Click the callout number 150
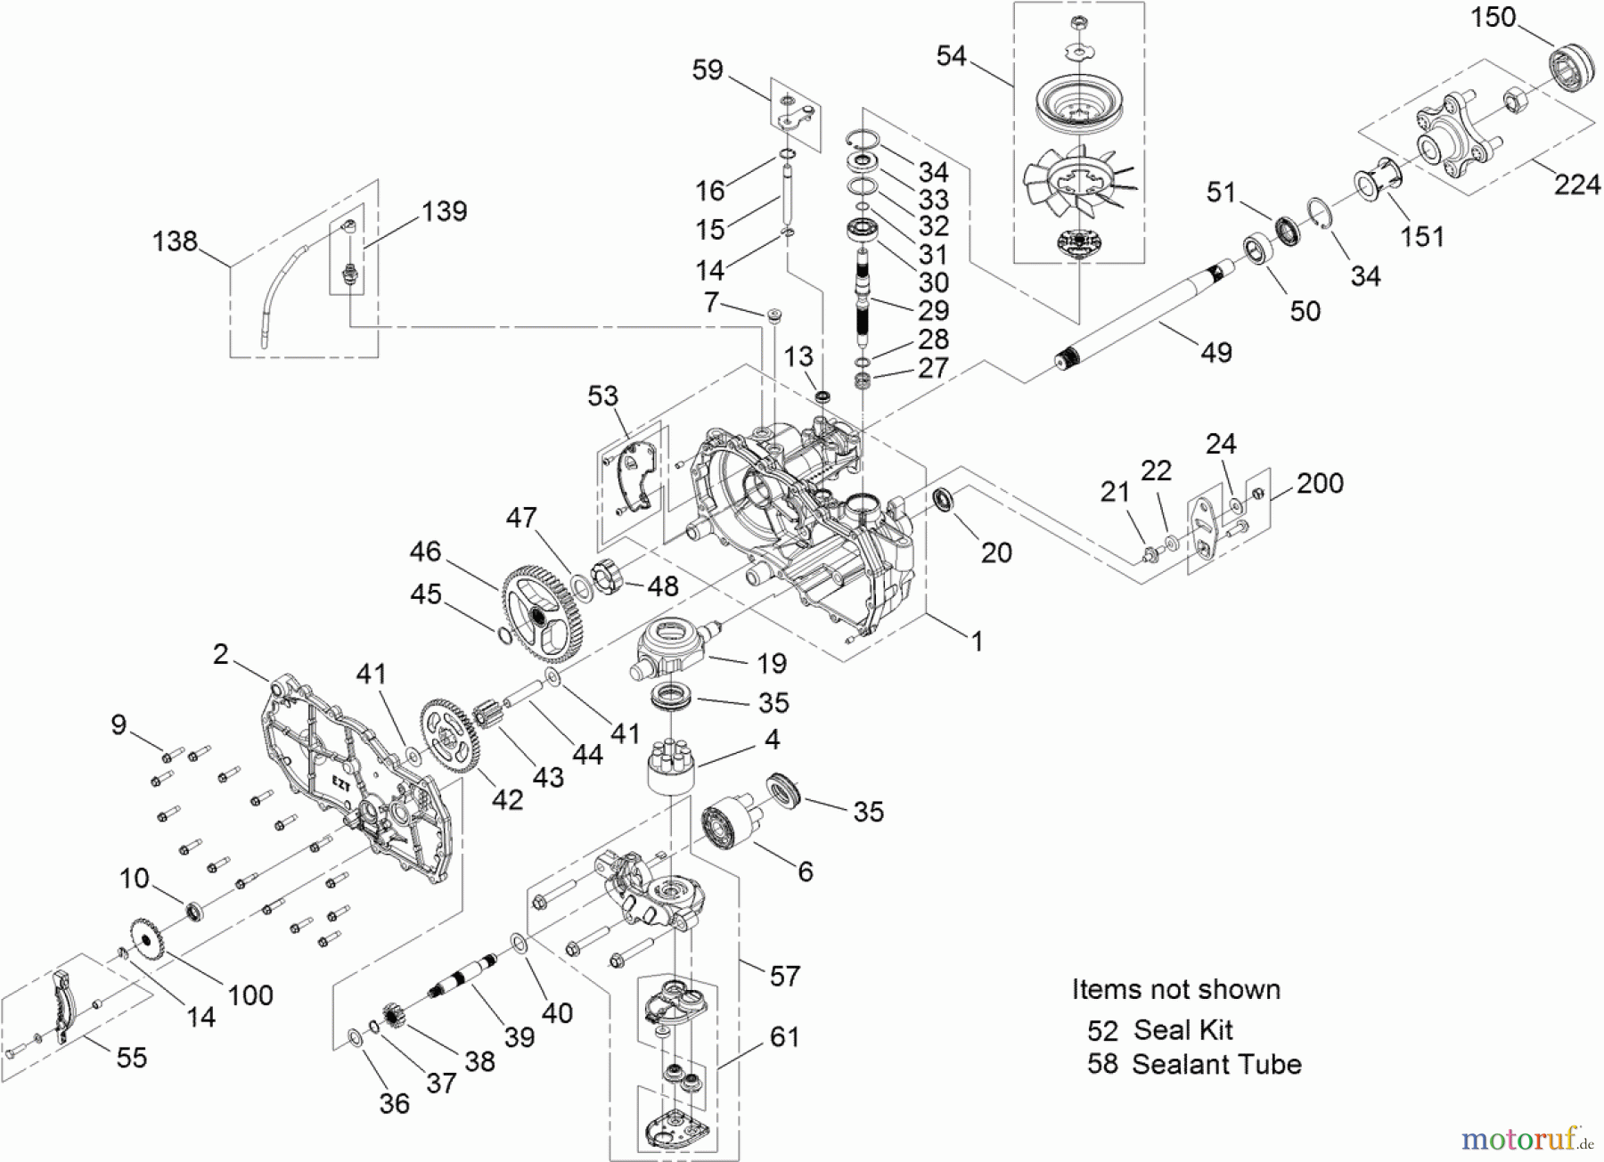coord(1493,17)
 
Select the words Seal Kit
coord(1183,1030)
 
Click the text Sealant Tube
coord(1216,1064)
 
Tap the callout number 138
coord(175,241)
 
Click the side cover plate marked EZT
coord(356,775)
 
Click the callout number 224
coord(1576,184)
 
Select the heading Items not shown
coord(1175,990)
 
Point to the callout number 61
coord(783,1036)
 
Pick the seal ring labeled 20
coord(944,500)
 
